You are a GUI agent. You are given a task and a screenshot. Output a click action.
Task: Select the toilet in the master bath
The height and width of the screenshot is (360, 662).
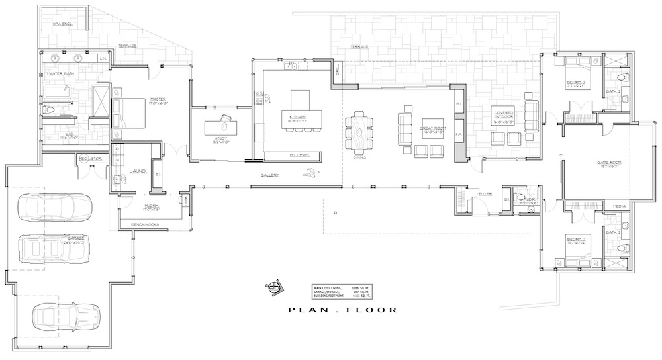pyautogui.click(x=50, y=110)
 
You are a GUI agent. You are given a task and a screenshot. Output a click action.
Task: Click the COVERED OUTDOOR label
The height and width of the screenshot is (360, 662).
pyautogui.click(x=504, y=117)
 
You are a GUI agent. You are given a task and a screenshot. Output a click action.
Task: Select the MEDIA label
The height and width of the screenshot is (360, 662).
pyautogui.click(x=620, y=206)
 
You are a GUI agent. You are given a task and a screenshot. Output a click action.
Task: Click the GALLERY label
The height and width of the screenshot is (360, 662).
pyautogui.click(x=269, y=175)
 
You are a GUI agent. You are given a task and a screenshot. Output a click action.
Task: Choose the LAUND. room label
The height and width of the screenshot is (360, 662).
pyautogui.click(x=138, y=171)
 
